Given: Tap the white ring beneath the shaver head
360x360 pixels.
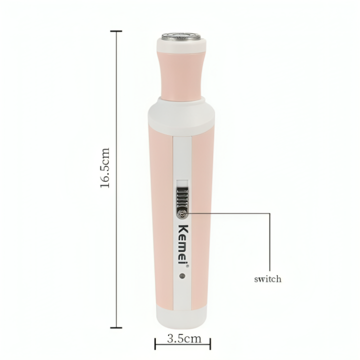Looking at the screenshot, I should [x=182, y=47].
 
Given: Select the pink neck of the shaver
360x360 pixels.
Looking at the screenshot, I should [x=182, y=75].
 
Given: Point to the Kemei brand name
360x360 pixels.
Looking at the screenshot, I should [x=182, y=239].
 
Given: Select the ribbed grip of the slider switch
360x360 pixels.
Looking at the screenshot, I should [x=182, y=198].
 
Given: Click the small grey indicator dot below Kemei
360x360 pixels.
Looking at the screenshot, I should [x=182, y=275].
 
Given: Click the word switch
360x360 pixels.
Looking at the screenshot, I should [x=267, y=279].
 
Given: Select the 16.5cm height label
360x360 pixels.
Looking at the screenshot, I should [x=105, y=168].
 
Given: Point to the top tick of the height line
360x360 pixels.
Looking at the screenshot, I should [x=116, y=31].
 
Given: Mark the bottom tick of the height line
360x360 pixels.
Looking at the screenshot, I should [x=116, y=327].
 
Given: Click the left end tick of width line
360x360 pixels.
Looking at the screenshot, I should [x=155, y=344].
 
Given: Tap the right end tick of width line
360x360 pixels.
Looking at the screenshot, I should [x=210, y=344].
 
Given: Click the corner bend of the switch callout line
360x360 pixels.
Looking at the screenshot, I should [x=269, y=213].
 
